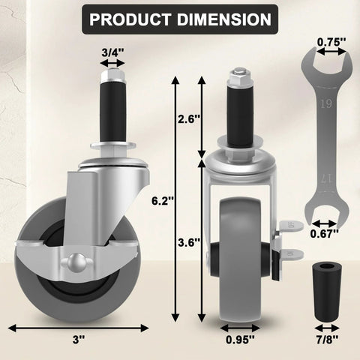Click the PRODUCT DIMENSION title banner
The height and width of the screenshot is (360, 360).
click(179, 19)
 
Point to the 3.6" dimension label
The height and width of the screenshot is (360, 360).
click(186, 242)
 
